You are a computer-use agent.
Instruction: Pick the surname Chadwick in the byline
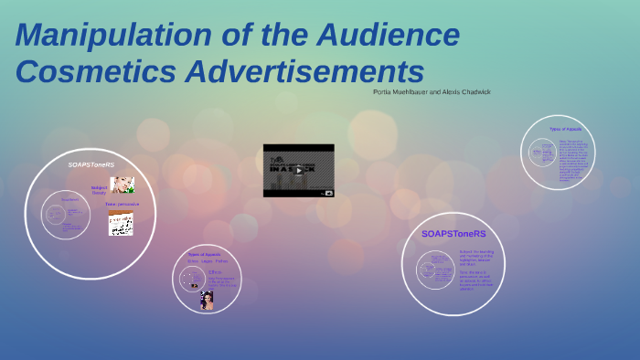pos(472,91)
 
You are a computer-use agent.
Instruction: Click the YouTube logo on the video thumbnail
pos(328,193)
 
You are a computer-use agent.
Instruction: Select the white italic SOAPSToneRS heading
pos(91,164)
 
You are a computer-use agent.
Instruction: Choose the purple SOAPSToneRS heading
pos(453,234)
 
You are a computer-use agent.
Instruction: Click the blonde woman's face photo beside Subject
pos(123,185)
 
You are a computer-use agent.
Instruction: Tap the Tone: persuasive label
pos(122,205)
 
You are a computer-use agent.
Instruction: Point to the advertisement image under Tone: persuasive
pos(121,224)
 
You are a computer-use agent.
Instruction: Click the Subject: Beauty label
pos(99,189)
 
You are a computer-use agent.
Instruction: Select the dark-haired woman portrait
pos(207,300)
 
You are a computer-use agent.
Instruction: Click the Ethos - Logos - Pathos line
pos(208,261)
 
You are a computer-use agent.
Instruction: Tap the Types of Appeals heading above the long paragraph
pos(565,130)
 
